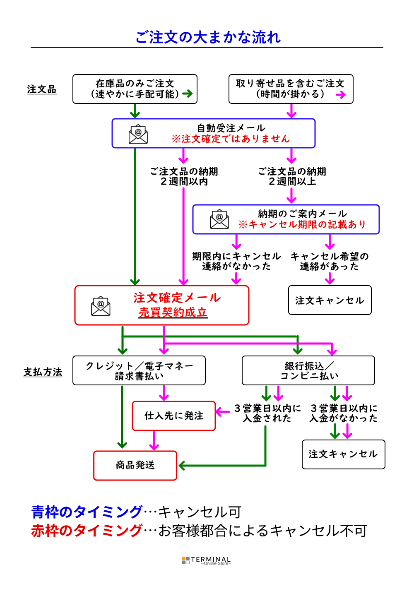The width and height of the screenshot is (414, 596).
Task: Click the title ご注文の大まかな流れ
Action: (208, 37)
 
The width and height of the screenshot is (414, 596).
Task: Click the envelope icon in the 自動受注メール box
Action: (138, 134)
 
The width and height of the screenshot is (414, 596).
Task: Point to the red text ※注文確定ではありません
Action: (231, 139)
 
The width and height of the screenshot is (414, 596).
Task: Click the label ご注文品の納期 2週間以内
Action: (184, 176)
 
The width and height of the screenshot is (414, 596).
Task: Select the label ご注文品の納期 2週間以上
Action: (292, 176)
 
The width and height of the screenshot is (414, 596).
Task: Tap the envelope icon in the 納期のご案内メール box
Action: (219, 219)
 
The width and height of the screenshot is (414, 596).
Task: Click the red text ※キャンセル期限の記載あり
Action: (302, 224)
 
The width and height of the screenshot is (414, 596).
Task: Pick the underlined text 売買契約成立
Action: (173, 312)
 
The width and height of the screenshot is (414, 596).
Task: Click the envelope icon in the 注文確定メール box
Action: (101, 306)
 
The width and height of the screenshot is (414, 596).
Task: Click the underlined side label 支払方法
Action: (43, 372)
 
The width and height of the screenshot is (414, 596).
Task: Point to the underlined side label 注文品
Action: (41, 89)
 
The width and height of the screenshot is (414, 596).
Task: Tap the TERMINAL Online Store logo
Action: (206, 560)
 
